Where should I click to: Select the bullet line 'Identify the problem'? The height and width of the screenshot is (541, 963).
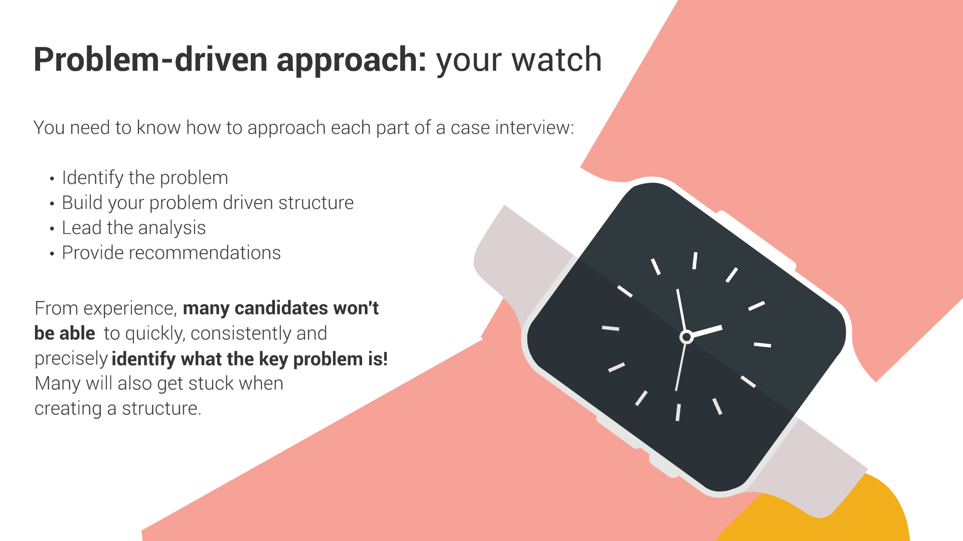(145, 178)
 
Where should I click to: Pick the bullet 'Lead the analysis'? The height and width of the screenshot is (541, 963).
(134, 228)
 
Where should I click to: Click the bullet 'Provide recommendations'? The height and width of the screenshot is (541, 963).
(171, 253)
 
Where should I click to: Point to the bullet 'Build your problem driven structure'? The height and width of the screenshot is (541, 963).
(208, 203)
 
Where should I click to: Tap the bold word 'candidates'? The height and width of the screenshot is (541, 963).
(281, 308)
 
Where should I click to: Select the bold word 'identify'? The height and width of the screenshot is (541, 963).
(143, 359)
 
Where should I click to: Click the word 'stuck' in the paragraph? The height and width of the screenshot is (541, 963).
(211, 383)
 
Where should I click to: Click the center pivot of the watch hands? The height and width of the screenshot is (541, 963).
(686, 337)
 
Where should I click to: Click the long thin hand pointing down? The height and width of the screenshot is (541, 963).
(681, 365)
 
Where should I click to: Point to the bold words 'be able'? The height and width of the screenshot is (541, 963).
(65, 333)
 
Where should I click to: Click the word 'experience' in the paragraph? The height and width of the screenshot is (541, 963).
(130, 308)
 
